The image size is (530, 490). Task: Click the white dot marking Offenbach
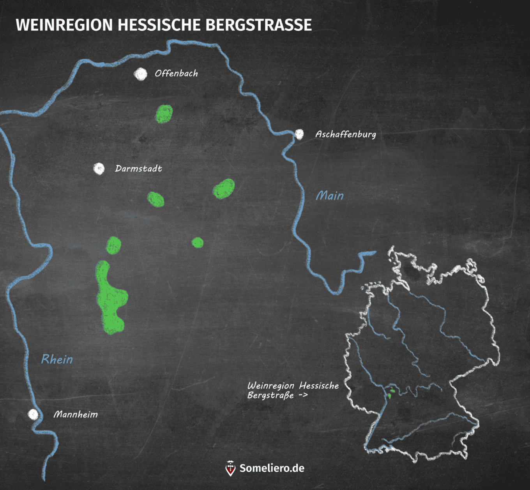(x=140, y=74)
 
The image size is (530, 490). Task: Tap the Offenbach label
(x=176, y=73)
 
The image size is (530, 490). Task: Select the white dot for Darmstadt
(x=99, y=169)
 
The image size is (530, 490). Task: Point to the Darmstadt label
(x=138, y=169)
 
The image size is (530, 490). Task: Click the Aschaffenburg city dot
(x=299, y=134)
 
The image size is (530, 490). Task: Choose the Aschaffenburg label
(x=346, y=134)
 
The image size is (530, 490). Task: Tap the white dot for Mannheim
(x=33, y=414)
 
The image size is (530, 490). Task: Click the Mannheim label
(x=76, y=414)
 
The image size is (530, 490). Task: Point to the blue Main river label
(x=330, y=196)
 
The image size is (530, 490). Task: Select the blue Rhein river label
(x=57, y=359)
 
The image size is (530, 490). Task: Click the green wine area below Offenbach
(x=164, y=114)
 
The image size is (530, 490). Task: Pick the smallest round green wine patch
(x=198, y=243)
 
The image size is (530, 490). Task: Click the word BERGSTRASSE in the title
(x=258, y=25)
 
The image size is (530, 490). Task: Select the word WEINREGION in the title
(x=64, y=25)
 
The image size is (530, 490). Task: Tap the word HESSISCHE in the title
(x=159, y=25)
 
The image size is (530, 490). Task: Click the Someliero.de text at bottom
(x=272, y=468)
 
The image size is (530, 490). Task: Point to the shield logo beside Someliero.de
(x=231, y=468)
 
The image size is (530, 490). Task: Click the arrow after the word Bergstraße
(x=303, y=395)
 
